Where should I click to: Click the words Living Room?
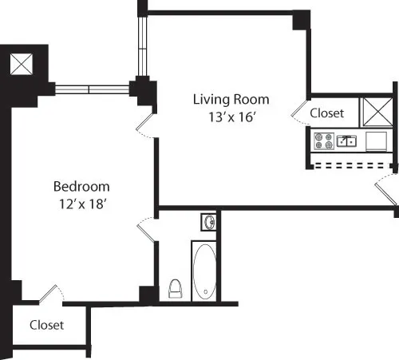click(231, 100)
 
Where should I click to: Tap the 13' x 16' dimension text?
click(231, 117)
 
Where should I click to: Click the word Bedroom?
click(81, 187)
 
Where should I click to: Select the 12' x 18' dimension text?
click(81, 204)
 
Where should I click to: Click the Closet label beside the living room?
click(326, 113)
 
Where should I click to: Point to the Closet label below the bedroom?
click(46, 325)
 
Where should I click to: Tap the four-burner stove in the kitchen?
click(324, 141)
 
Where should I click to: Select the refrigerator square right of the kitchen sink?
click(376, 141)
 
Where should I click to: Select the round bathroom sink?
click(209, 221)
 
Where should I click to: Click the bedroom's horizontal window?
click(92, 87)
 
